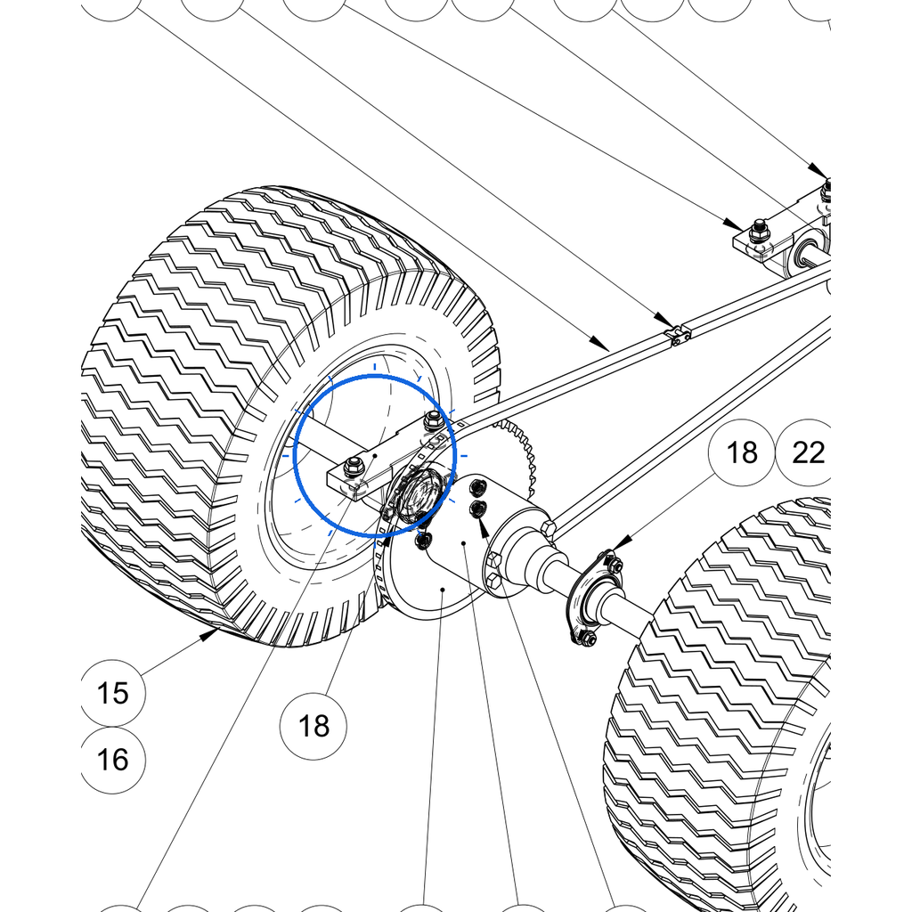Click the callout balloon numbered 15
[113, 693]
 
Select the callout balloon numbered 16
[113, 760]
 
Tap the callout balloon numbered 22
[807, 452]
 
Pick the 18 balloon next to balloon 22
[742, 452]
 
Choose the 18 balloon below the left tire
[313, 726]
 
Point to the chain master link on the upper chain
[678, 336]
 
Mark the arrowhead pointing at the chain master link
[664, 320]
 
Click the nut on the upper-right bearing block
[757, 231]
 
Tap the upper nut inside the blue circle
[433, 419]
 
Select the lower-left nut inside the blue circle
[353, 467]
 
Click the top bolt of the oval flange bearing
[613, 563]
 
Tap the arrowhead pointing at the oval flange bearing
[621, 544]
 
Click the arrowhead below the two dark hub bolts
[484, 527]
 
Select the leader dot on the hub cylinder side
[463, 544]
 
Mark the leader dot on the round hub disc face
[443, 590]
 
